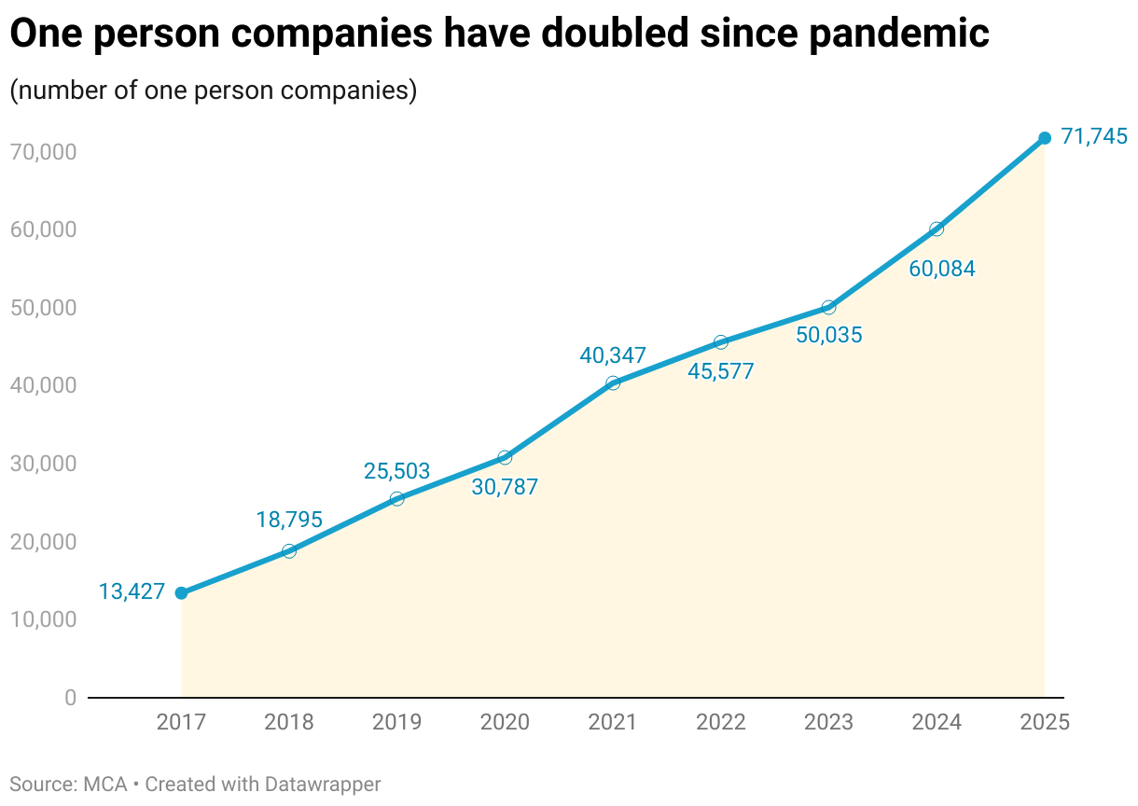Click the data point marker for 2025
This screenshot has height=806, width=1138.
[1045, 138]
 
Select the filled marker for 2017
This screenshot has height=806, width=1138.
[181, 593]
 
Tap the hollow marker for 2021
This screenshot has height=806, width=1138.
[613, 382]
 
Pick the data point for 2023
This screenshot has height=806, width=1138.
[828, 307]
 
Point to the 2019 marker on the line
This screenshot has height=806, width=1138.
[396, 498]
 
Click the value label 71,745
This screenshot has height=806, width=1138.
[1094, 137]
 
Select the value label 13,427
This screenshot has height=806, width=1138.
[132, 591]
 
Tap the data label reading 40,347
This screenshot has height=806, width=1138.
[613, 355]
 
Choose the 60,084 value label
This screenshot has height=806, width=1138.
[941, 270]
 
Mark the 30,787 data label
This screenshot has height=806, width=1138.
[505, 486]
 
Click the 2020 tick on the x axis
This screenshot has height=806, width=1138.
[505, 722]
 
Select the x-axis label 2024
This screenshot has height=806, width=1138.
[937, 722]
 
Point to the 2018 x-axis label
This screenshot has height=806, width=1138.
[289, 722]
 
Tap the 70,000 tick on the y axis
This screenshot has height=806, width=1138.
[44, 151]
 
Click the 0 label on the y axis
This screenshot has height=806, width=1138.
[70, 698]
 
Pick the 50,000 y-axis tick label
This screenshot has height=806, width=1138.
[44, 308]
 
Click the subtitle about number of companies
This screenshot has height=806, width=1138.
[213, 90]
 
